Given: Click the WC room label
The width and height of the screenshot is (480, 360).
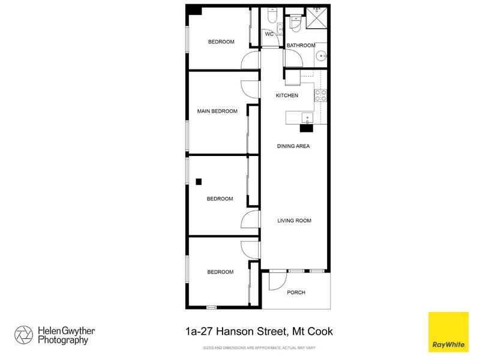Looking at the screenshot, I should tap(269, 34).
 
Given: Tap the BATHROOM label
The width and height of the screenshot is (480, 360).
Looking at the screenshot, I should tap(301, 46).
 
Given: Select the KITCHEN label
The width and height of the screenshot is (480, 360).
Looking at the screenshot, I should tap(287, 96).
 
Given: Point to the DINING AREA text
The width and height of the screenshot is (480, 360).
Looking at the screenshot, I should tap(293, 146).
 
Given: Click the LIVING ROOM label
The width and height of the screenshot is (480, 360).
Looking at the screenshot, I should tap(294, 221).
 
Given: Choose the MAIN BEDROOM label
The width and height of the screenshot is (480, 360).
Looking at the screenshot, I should tap(217, 111).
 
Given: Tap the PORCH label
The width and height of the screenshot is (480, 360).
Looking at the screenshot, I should tap(296, 293).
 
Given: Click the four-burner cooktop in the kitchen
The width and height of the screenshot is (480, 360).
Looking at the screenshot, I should tap(320, 95).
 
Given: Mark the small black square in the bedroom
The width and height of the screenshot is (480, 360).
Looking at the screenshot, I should tap(199, 182).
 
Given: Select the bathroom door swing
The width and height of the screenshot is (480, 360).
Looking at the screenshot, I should tap(293, 58).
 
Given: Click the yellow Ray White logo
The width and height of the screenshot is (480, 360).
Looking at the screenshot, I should tap(447, 331).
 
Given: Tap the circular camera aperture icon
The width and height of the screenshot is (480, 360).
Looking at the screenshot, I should tap(23, 334).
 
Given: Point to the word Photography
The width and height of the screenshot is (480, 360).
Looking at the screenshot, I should tap(63, 340).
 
